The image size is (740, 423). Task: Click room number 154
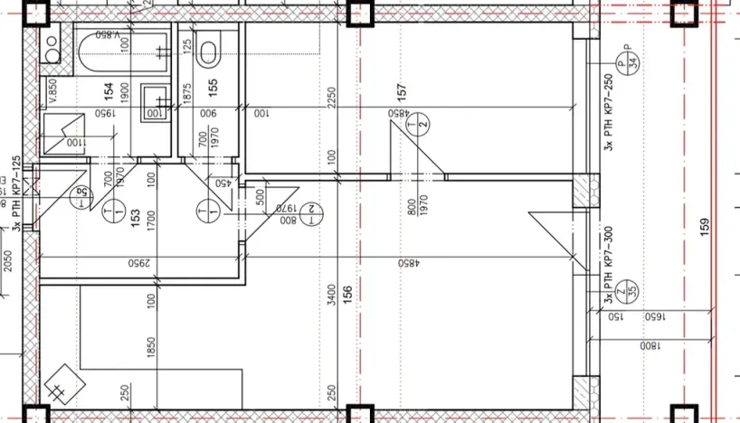tap(109, 90)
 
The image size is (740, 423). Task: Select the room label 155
tap(213, 88)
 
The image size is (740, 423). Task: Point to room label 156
tap(346, 295)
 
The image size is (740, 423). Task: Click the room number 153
tap(136, 218)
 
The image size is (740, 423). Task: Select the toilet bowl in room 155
tap(209, 51)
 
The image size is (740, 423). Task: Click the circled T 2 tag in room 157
tap(417, 123)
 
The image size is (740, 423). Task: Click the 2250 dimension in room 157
tap(332, 96)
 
